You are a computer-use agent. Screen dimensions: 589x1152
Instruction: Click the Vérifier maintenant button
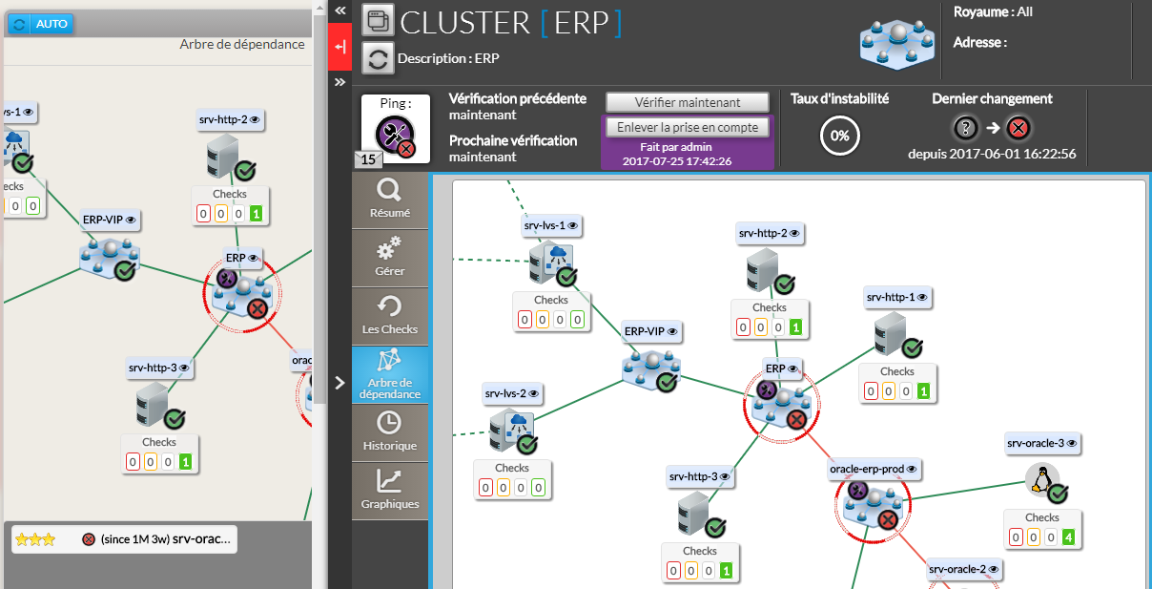687,102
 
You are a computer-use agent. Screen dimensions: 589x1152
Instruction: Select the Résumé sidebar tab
389,200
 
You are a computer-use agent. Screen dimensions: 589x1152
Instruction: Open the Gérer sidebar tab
389,258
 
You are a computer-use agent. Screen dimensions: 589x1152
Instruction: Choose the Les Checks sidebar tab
389,316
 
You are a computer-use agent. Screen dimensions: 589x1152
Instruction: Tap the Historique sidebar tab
389,431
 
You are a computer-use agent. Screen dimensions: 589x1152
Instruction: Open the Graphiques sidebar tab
389,490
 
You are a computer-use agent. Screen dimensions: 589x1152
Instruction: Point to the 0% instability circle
839,136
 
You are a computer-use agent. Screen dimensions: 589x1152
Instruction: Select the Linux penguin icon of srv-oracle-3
1041,479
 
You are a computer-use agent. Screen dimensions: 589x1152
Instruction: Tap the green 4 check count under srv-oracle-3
1069,537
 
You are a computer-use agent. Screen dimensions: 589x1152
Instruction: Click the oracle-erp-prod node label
874,469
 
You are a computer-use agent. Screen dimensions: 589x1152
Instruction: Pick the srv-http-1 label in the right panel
896,298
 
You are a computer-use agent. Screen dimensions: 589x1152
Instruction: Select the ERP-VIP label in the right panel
650,331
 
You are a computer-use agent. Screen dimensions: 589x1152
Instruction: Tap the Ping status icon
394,134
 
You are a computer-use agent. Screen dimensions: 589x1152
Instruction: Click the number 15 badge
368,159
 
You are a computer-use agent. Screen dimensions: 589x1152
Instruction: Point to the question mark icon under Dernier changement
966,128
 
